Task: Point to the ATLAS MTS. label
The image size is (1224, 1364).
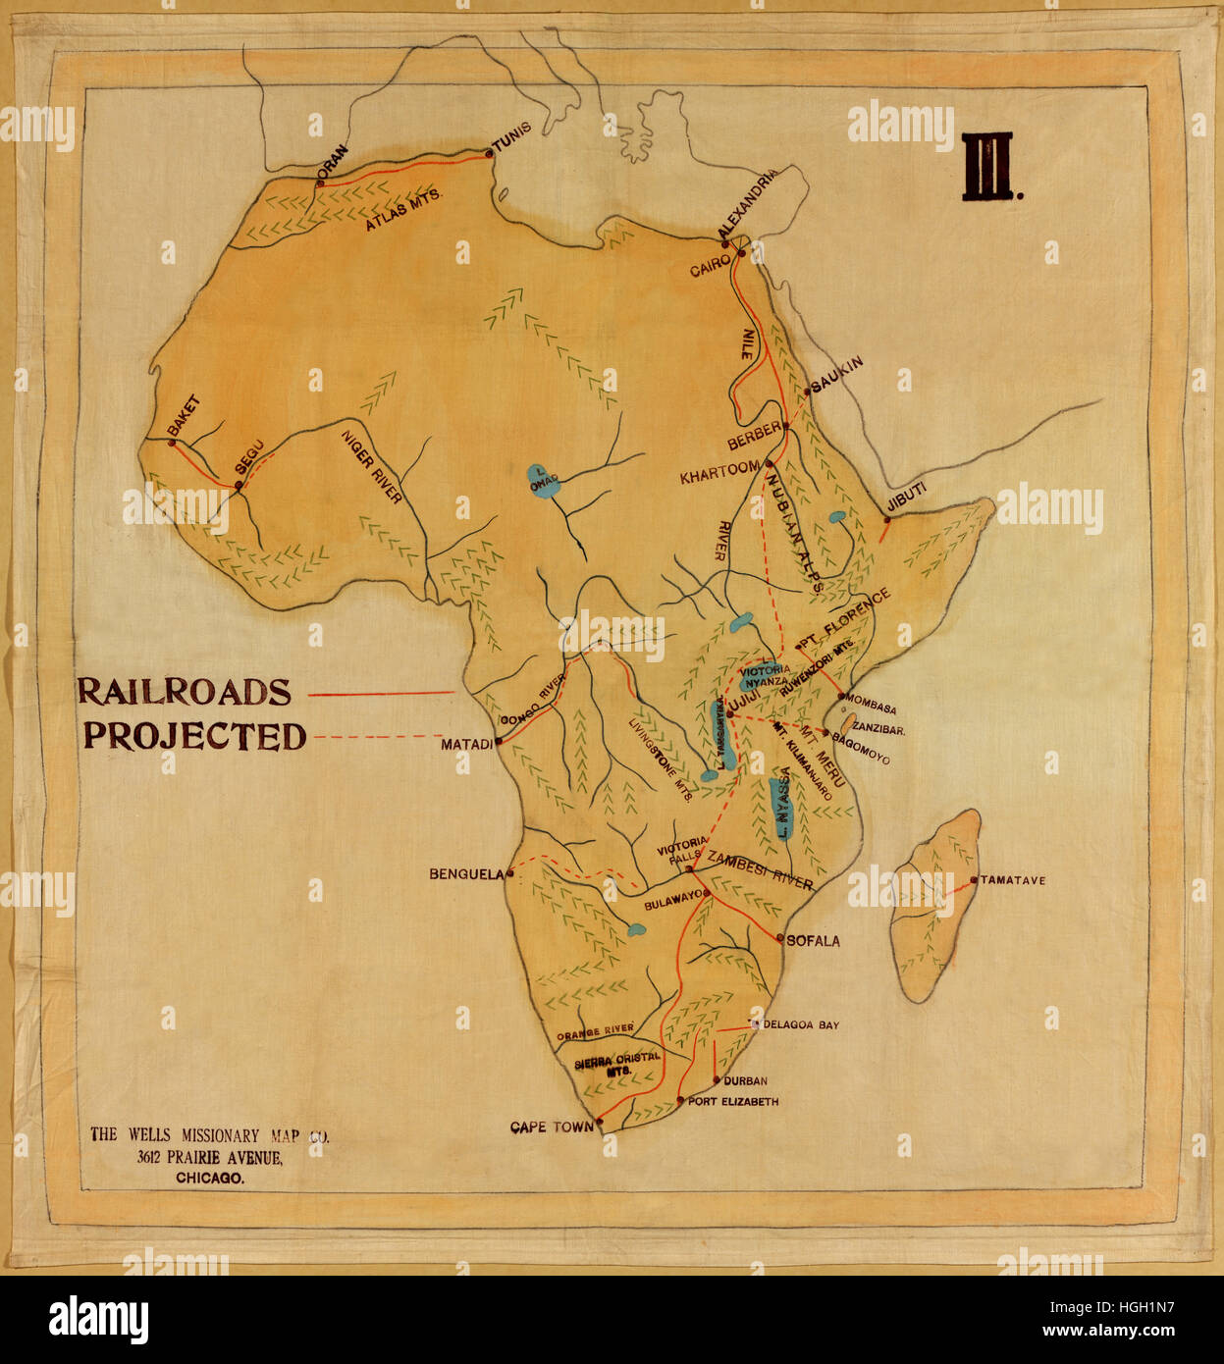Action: pos(404,209)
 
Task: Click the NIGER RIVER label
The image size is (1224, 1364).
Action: pos(372,467)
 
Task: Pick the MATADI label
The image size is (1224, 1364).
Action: pos(466,745)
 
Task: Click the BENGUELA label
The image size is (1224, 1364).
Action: pos(465,873)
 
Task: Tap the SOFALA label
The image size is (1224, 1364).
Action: pos(813,940)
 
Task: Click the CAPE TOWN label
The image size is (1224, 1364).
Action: pos(552,1128)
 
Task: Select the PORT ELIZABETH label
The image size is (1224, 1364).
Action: pos(733,1102)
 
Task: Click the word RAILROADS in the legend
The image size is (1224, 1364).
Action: pos(185,691)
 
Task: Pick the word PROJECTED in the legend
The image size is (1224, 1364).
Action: pos(195,736)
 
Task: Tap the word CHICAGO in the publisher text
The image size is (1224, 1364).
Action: pos(209,1179)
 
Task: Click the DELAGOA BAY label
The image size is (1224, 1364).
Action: pos(801,1024)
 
